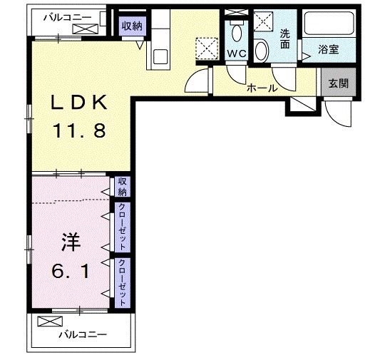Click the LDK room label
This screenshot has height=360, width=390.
click(x=79, y=104)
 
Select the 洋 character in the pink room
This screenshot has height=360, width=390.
click(x=70, y=242)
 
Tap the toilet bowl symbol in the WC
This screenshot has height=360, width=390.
click(x=236, y=31)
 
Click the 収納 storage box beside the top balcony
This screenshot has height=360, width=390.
click(x=130, y=26)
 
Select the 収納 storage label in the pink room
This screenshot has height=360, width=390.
click(x=122, y=187)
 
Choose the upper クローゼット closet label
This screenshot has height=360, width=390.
click(x=122, y=227)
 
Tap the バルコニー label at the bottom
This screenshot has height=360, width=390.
click(x=82, y=334)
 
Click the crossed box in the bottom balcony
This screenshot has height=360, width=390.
click(x=46, y=321)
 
